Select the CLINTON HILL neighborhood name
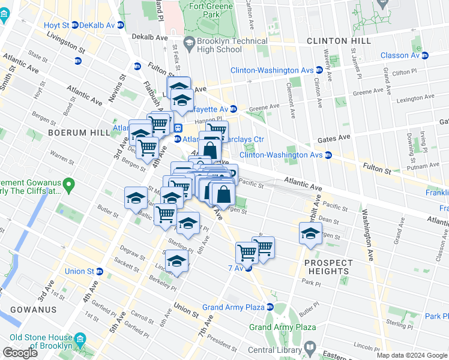point(335,41)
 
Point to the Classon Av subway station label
point(399,56)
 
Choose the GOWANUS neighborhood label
point(33,310)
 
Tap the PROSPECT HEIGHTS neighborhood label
point(328,267)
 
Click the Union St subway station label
point(83,271)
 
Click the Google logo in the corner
point(20,353)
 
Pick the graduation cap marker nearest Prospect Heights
point(310,234)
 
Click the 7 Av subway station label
point(235,268)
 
